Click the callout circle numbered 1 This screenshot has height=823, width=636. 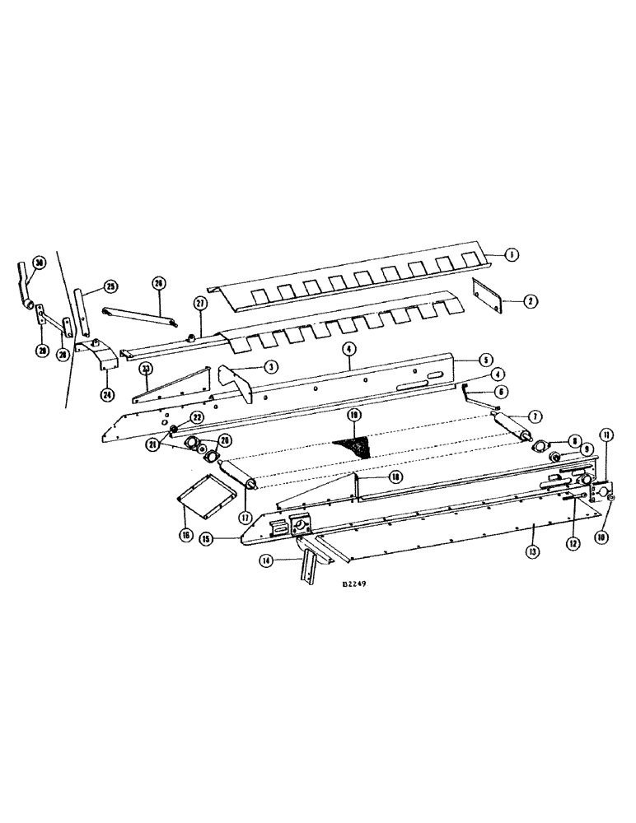[x=512, y=255]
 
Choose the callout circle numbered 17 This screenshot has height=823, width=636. [x=245, y=517]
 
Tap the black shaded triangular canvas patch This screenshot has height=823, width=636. [x=353, y=446]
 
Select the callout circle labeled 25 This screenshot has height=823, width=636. [x=110, y=287]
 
